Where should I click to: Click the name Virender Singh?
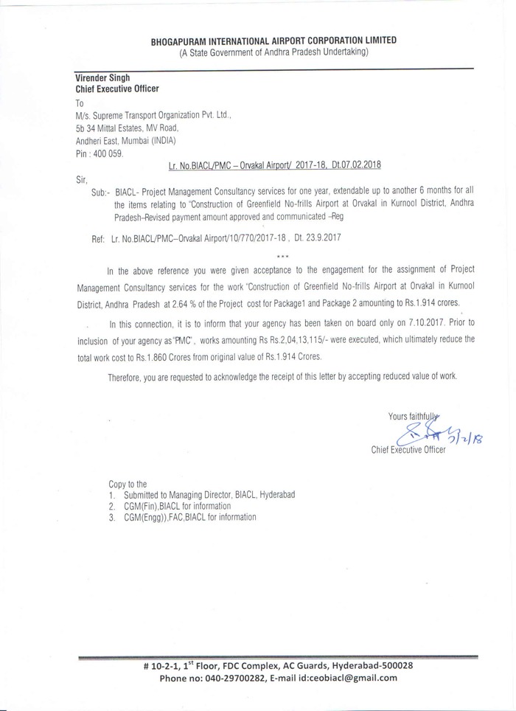pos(102,77)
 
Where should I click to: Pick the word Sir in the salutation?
pos(82,179)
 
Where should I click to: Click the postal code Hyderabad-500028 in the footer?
pos(372,665)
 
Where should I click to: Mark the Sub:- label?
pos(101,191)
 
